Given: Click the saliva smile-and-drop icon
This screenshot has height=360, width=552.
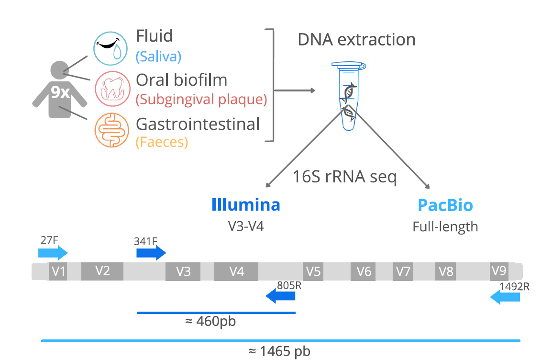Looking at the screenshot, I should [111, 48].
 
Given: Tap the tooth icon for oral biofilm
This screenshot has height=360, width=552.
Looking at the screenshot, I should [111, 89].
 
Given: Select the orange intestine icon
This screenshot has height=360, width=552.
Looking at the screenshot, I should [111, 130].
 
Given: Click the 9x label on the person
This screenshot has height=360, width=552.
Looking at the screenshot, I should [60, 92].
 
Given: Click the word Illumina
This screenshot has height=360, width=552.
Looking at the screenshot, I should [246, 205].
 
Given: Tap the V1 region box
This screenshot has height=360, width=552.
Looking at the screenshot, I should [58, 271].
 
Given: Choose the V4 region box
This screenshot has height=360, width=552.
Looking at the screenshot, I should [236, 271].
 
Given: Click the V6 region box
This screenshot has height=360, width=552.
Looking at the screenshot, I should [364, 271].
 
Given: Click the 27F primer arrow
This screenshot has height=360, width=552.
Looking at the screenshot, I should [53, 253].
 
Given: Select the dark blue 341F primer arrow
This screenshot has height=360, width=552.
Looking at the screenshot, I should [151, 253].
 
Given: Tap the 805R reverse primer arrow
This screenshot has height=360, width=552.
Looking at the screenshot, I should [281, 297].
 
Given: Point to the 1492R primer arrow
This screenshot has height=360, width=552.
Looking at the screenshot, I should [505, 298].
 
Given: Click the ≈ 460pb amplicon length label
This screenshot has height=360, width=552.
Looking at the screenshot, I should [210, 321].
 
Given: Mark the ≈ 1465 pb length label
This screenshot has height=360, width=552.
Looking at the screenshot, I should [279, 351].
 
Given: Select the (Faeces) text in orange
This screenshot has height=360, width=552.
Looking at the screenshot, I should [162, 142].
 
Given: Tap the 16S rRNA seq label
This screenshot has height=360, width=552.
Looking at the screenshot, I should [344, 177].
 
